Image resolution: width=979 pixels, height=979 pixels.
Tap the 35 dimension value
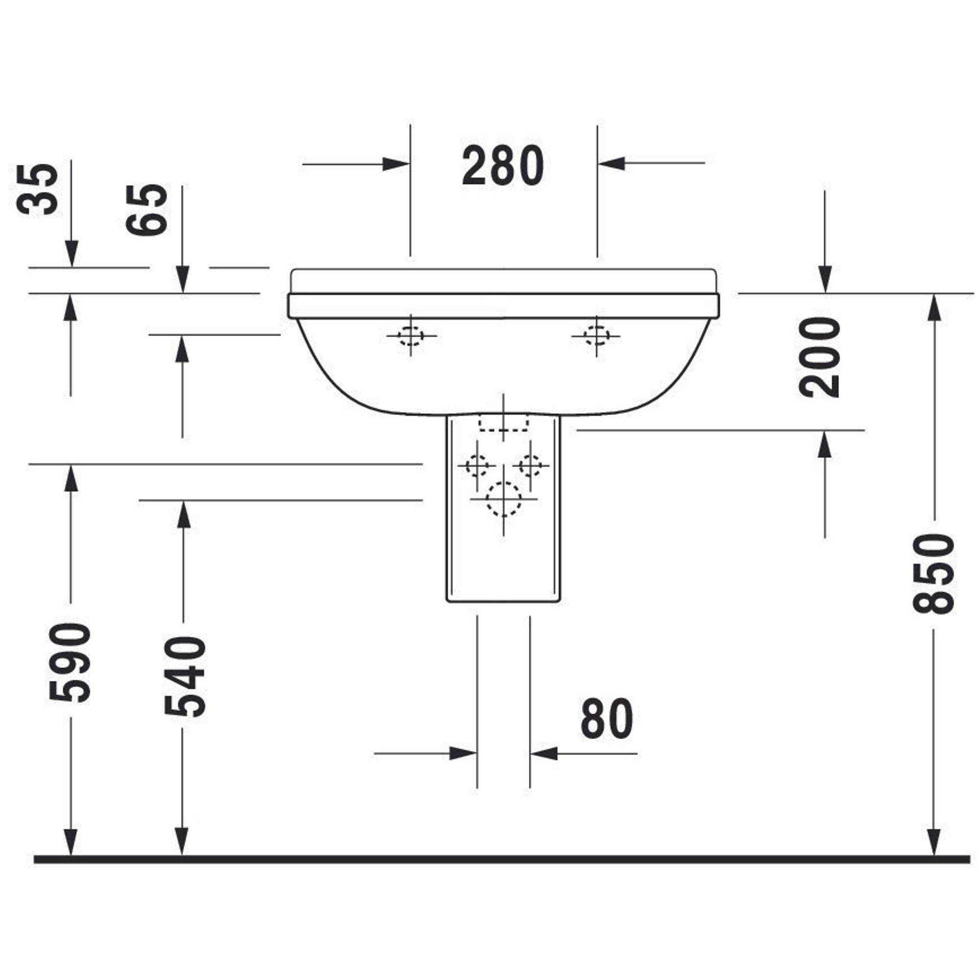click(x=37, y=189)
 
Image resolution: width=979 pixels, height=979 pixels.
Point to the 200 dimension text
click(x=819, y=357)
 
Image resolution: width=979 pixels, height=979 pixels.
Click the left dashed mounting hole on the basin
click(x=411, y=335)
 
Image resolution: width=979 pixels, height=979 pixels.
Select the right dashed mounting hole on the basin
click(x=596, y=335)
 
